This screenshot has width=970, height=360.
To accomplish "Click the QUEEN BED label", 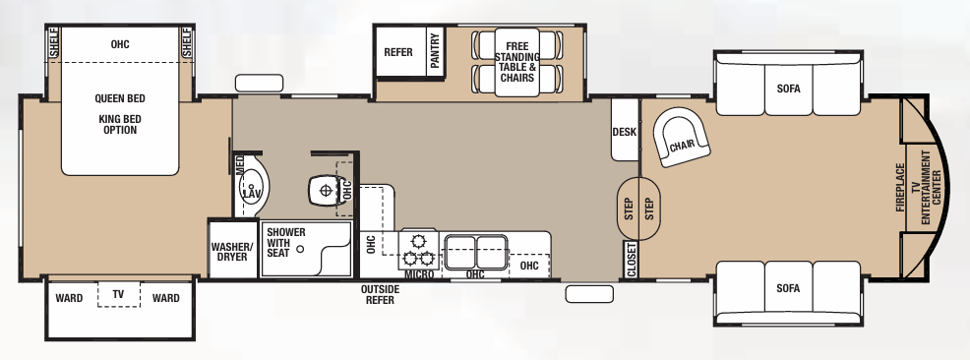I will tap(120, 98).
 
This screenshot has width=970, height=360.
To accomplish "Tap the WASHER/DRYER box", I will tap(232, 251).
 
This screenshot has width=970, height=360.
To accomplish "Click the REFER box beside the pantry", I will tap(398, 52).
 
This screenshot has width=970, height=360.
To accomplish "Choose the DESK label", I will tap(625, 132).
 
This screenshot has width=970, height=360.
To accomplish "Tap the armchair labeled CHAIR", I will tap(683, 145).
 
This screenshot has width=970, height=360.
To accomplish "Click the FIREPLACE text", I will tap(900, 188).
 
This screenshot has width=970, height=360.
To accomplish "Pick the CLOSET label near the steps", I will tap(630, 259).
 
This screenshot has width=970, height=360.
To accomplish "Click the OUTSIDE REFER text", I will tap(379, 294).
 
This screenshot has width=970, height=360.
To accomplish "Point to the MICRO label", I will tap(419, 273).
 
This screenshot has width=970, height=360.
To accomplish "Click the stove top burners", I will tap(417, 250).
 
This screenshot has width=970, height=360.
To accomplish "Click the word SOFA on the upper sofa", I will tap(788, 88).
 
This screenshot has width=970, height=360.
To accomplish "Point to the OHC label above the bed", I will tap(120, 44).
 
